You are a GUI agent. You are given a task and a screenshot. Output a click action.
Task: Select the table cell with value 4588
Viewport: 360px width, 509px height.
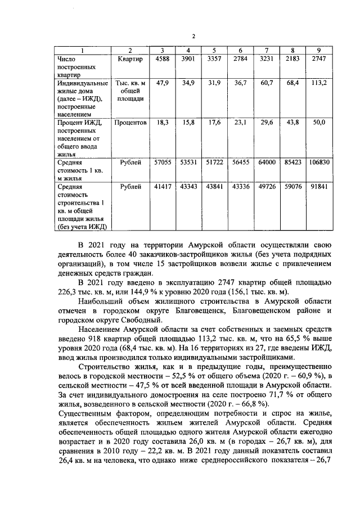pos(163,58)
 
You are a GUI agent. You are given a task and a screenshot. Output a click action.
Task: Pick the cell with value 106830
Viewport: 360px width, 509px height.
pos(319,162)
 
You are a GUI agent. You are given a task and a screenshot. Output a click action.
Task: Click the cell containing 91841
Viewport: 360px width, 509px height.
pos(319,186)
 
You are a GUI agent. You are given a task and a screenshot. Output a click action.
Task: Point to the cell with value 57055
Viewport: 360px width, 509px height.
pos(163,162)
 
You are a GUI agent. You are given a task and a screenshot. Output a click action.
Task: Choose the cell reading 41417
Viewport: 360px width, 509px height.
pos(163,186)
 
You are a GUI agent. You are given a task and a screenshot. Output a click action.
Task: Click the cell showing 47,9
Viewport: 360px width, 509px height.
pos(163,83)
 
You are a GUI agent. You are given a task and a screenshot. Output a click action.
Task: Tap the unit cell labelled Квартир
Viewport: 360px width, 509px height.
pos(130,58)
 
